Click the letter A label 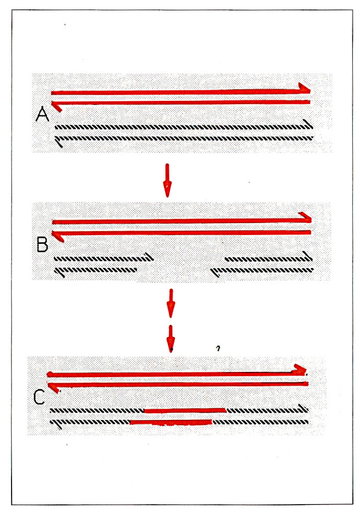[42, 114]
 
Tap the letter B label [42, 244]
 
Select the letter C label [39, 398]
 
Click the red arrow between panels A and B [167, 180]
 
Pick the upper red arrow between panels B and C [169, 303]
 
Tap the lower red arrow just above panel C [170, 338]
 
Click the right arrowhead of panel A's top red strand [304, 88]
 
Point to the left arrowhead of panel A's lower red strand [57, 107]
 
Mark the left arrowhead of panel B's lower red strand [59, 236]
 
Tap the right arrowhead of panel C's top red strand [300, 369]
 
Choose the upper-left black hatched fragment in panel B [102, 258]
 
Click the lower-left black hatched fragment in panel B [97, 270]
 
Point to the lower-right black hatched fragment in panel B [261, 270]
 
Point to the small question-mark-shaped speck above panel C [217, 347]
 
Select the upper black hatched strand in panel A [183, 127]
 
